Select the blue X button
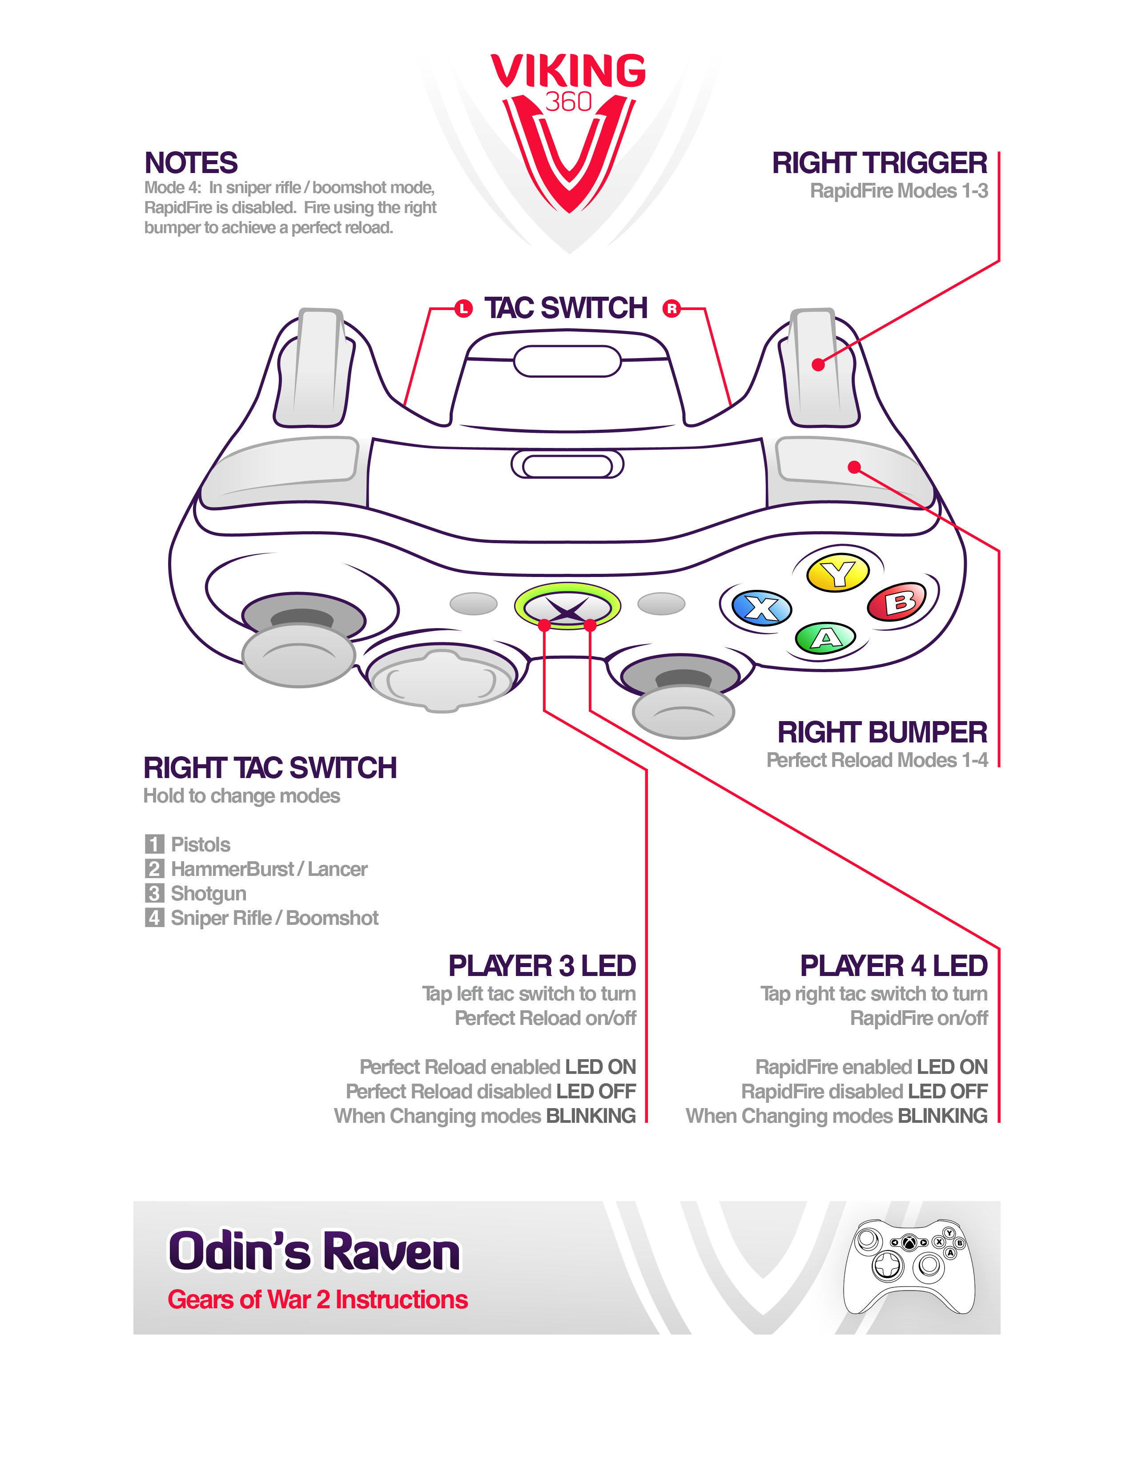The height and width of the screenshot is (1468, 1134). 761,608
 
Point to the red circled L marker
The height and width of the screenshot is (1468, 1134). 463,309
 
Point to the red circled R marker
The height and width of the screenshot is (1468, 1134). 671,309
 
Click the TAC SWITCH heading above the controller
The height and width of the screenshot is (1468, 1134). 566,309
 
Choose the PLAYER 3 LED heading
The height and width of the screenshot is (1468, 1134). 542,966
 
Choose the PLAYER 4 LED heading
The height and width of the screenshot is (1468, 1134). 893,966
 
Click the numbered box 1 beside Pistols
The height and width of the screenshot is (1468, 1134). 154,844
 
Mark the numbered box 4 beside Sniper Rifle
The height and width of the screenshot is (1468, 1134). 154,917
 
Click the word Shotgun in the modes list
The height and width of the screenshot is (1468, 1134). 208,893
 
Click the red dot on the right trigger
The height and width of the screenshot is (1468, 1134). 817,365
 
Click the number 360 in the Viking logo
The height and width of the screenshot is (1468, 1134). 568,101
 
